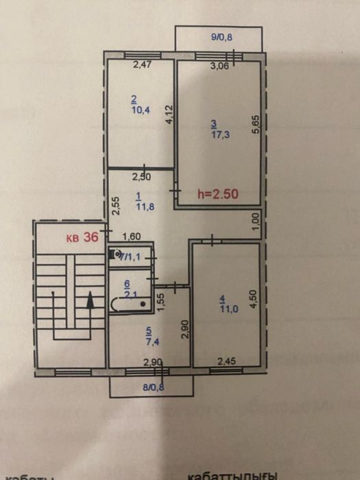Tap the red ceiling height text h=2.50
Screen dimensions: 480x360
click(217, 193)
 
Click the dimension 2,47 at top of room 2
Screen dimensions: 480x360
click(141, 66)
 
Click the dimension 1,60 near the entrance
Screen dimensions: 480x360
click(131, 237)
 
